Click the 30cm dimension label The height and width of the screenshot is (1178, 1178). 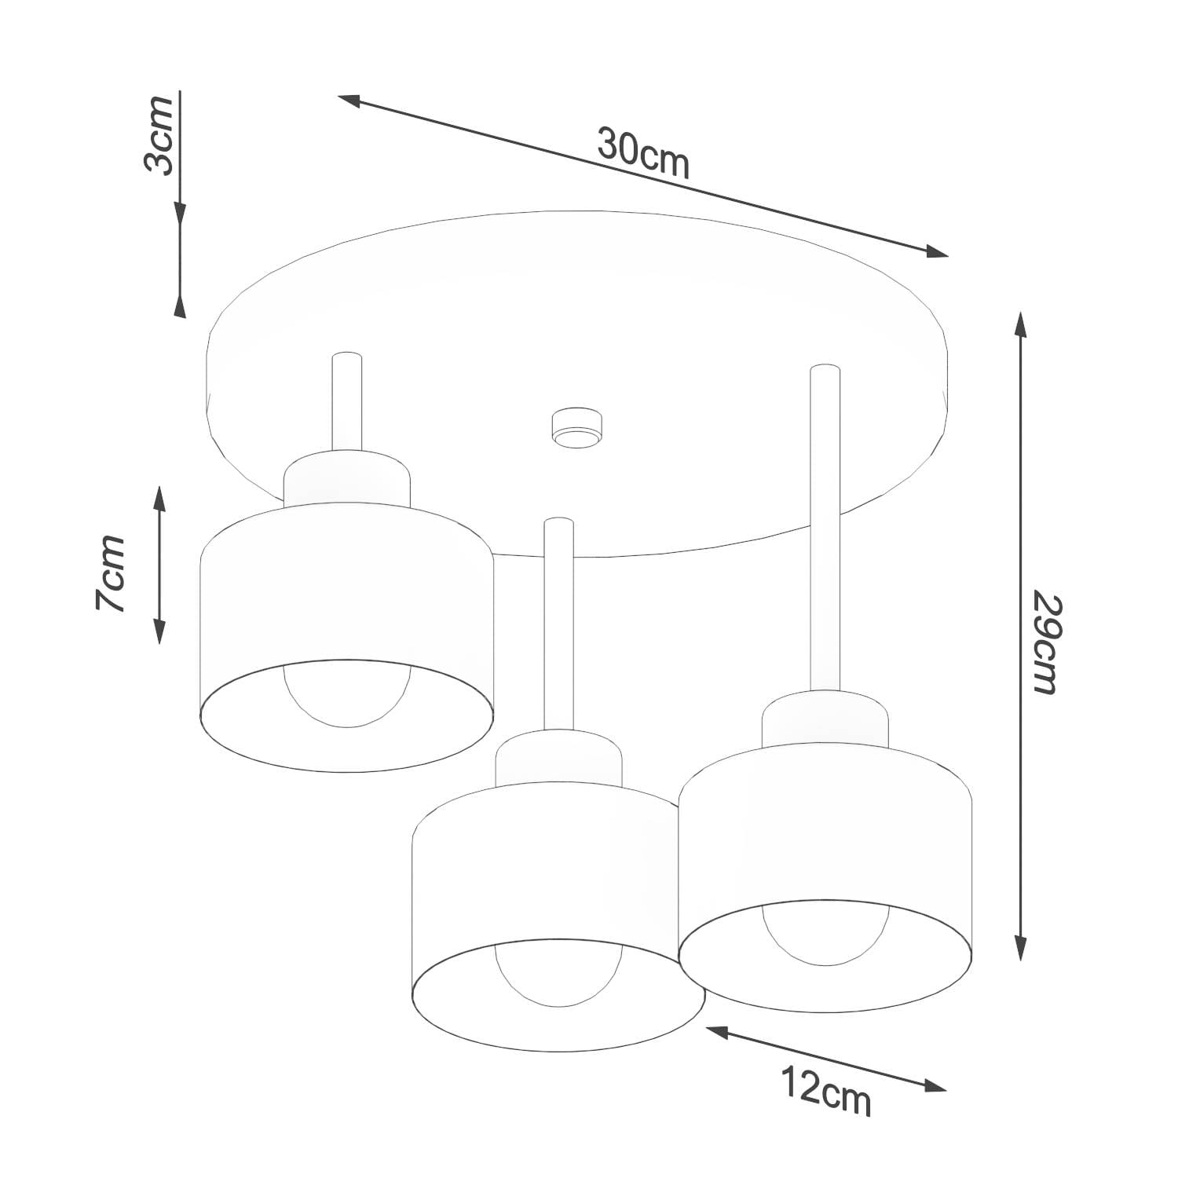click(643, 153)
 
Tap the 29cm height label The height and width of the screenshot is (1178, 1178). click(1046, 644)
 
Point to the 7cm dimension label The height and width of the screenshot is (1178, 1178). click(111, 573)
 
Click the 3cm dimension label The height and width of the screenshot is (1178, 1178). click(159, 135)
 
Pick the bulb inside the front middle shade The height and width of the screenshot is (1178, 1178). click(559, 975)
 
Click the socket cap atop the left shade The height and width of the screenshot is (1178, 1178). click(347, 480)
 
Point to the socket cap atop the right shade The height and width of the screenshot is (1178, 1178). click(825, 719)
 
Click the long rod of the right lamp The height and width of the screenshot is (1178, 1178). click(825, 528)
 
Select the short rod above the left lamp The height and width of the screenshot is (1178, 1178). click(347, 402)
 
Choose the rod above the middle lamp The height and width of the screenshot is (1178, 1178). click(558, 625)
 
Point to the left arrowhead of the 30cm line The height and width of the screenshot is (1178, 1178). click(350, 100)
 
